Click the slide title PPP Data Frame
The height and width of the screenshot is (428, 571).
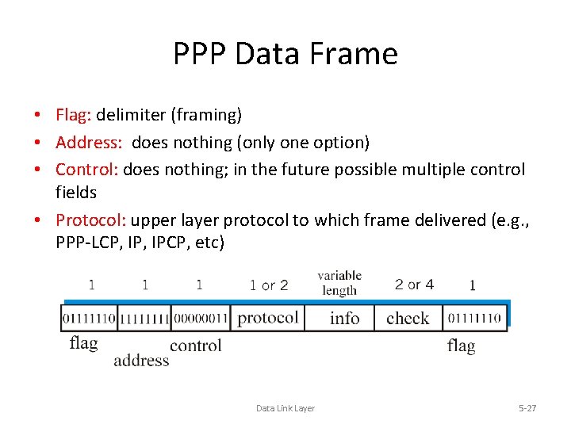[x=285, y=54]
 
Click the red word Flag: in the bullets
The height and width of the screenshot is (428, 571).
[x=74, y=116]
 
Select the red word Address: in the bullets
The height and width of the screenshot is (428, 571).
[x=88, y=143]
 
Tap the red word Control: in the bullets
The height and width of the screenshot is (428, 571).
[x=87, y=170]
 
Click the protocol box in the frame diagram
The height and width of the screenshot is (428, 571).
[x=267, y=318]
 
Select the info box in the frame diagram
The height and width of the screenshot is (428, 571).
[x=344, y=318]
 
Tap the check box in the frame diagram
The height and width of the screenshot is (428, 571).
[x=408, y=318]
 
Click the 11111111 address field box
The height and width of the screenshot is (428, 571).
[x=144, y=318]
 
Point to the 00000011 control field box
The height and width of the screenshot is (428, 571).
[x=200, y=318]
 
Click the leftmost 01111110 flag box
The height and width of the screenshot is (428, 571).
[x=89, y=318]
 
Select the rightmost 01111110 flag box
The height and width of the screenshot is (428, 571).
[x=473, y=318]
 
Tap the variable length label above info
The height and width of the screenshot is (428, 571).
[x=339, y=283]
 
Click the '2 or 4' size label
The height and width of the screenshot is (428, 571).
[x=414, y=285]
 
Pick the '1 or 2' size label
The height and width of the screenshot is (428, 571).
[x=269, y=285]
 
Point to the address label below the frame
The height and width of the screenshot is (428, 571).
[x=141, y=361]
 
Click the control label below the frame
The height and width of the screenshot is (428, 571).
[x=195, y=346]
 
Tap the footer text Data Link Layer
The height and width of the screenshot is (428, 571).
[x=285, y=408]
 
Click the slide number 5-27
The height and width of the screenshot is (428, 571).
[x=527, y=408]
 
